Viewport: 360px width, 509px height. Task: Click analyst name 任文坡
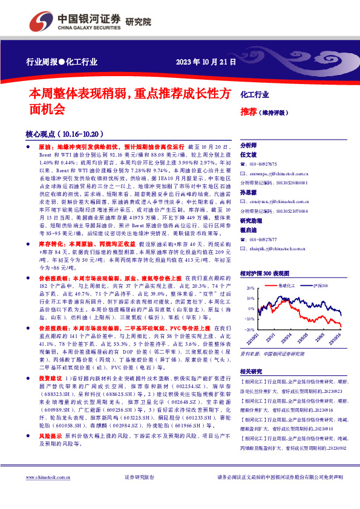tap(249, 155)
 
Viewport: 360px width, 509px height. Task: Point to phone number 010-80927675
tap(263, 164)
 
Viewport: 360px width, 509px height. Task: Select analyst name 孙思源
tap(249, 192)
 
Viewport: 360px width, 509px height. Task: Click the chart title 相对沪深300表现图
tap(265, 273)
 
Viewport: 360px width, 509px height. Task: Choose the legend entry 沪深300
tap(320, 285)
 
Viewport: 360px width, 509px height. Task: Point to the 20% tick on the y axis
tap(249, 289)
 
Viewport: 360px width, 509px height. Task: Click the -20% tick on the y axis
tap(249, 328)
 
